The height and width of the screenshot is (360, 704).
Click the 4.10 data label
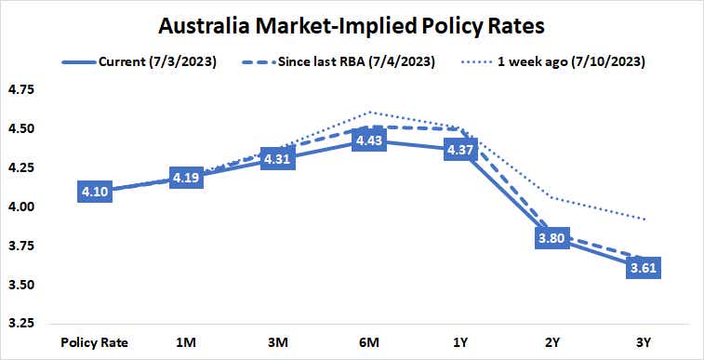[x=96, y=192]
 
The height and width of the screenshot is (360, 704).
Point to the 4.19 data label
[x=188, y=178]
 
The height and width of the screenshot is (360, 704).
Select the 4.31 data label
[x=278, y=159]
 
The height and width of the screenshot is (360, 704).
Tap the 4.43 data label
[x=369, y=140]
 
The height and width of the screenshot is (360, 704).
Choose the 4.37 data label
[x=460, y=150]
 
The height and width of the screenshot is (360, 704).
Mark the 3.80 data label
[x=551, y=238]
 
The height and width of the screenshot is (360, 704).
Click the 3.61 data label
[x=643, y=268]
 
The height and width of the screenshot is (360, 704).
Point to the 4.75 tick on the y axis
[x=21, y=90]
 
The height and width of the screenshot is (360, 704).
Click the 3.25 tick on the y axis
[x=21, y=324]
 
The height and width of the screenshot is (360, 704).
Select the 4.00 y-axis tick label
[x=21, y=207]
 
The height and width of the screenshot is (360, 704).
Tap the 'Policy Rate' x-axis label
[x=96, y=342]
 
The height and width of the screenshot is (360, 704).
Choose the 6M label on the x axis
[x=369, y=342]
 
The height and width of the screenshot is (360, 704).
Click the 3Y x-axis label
[x=643, y=342]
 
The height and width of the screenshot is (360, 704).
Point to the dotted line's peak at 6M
[x=369, y=112]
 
